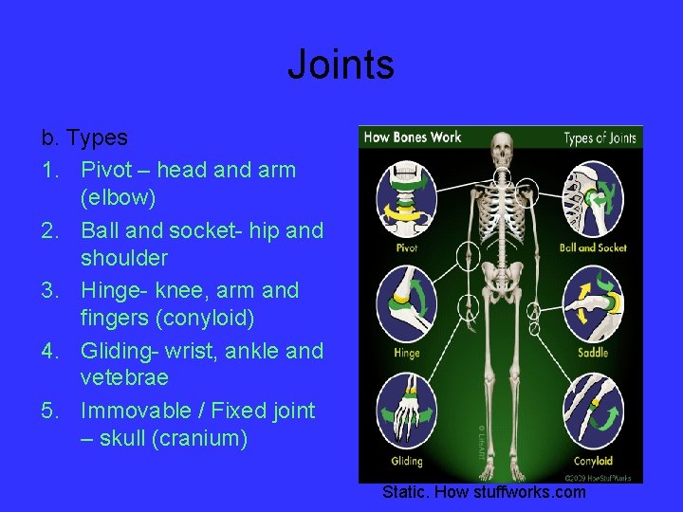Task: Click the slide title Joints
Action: [341, 65]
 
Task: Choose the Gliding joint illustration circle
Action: [407, 412]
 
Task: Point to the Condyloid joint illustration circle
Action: [593, 412]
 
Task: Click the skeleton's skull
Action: [501, 151]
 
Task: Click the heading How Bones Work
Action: [413, 137]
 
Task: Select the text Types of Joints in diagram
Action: [600, 138]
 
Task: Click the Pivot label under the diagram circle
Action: [407, 248]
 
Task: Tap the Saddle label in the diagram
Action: [593, 354]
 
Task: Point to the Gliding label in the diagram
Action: [407, 462]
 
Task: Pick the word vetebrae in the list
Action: [124, 377]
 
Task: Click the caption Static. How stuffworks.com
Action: [484, 492]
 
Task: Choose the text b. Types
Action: [84, 138]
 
